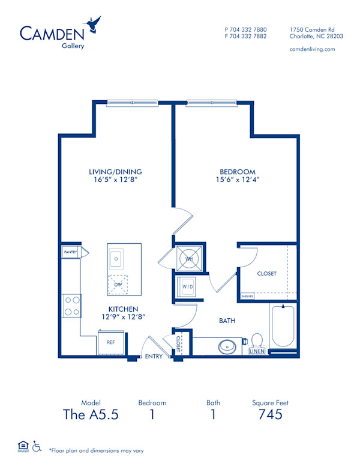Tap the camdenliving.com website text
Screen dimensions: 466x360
click(312, 49)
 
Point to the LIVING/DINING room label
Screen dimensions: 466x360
click(116, 172)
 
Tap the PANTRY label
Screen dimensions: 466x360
click(70, 253)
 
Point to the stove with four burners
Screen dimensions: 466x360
click(72, 306)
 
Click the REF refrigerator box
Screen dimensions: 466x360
click(111, 342)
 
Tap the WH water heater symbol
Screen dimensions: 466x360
click(188, 259)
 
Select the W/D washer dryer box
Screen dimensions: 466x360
click(188, 287)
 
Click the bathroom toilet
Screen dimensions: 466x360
click(257, 341)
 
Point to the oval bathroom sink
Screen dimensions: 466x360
click(227, 346)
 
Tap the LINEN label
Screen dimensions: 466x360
click(256, 351)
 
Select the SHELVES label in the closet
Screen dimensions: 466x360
click(247, 296)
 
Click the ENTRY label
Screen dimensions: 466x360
click(154, 357)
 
